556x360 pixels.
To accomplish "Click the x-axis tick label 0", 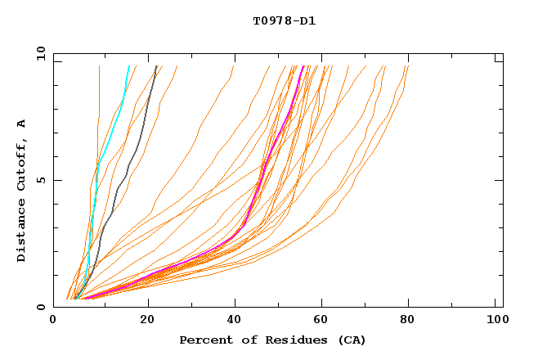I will (53, 322).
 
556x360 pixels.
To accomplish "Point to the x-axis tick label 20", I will (146, 322).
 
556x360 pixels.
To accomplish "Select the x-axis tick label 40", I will (235, 322).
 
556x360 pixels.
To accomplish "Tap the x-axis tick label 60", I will (323, 322).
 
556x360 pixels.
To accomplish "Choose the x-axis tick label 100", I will (495, 322).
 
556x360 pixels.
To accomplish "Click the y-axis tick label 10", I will (39, 53).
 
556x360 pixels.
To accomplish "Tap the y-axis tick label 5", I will (43, 180).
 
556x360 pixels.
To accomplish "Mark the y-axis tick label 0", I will (43, 307).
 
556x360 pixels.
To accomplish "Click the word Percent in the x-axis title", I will (204, 340).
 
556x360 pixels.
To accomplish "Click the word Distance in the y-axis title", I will (22, 232).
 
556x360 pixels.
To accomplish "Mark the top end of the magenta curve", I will (303, 66).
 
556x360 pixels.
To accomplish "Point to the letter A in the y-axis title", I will (22, 124).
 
